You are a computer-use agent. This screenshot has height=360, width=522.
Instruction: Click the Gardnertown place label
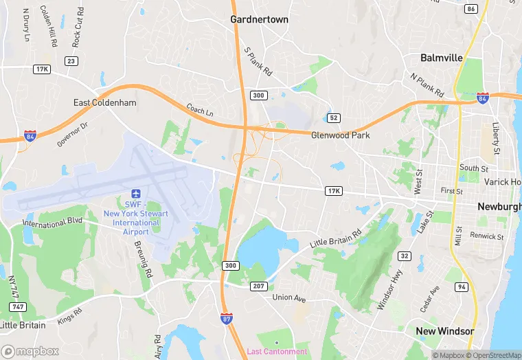pos(259,19)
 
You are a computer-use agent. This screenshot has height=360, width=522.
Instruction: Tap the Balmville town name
pos(442,58)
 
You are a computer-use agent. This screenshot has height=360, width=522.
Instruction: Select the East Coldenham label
pos(105,102)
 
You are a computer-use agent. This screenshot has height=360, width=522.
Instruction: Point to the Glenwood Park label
pos(340,135)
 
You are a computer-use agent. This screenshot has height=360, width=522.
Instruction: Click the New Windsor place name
pos(445,331)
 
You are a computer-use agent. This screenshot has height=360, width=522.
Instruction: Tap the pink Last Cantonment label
pos(277,352)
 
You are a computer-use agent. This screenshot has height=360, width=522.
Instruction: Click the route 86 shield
pos(470,8)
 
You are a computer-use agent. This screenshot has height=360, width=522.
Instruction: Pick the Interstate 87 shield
pos(226,318)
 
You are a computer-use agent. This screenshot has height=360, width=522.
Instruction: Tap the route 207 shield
pos(258,285)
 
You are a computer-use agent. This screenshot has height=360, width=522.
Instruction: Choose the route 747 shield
pos(19,306)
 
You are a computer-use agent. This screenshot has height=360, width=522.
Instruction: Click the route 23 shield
pos(70,60)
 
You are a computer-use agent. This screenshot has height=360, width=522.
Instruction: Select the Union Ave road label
pos(288,297)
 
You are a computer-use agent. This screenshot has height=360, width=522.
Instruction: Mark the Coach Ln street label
pos(200,110)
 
